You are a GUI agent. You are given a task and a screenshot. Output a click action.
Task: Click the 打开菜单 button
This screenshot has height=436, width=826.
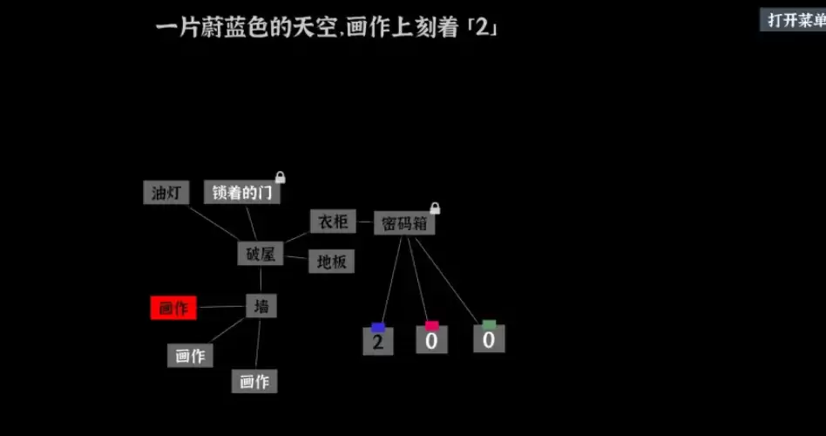tap(793, 19)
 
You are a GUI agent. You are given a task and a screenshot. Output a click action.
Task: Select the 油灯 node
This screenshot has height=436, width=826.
tap(166, 193)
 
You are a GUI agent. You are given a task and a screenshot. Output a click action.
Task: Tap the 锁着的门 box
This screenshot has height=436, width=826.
tap(242, 193)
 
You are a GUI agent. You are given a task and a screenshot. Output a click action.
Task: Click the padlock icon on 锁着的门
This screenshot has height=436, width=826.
tap(281, 177)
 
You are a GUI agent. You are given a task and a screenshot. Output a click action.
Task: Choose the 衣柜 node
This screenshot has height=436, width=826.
tap(333, 221)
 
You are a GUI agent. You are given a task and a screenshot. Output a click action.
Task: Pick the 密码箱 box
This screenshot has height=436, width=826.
tap(404, 223)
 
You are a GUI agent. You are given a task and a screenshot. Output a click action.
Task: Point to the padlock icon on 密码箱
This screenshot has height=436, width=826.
tap(435, 208)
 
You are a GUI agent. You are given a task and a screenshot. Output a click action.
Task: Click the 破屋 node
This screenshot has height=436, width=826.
tap(261, 254)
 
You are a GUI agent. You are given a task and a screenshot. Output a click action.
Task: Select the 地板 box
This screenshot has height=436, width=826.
tap(331, 261)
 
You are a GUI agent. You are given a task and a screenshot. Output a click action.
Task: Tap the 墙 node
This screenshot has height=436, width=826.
tap(261, 306)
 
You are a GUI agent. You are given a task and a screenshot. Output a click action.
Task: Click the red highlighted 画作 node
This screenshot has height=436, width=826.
tap(173, 308)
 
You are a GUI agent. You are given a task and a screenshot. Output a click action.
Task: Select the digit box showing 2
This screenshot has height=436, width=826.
tap(377, 341)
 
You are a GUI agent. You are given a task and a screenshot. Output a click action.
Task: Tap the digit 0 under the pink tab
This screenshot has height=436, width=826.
tap(432, 340)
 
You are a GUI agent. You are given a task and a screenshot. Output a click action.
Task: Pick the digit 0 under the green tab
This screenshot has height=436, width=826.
tap(489, 338)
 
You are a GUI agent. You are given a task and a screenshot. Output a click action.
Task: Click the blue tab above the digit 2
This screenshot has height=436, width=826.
tap(378, 327)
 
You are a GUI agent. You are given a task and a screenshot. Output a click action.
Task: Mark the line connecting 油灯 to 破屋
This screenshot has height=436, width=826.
tap(213, 223)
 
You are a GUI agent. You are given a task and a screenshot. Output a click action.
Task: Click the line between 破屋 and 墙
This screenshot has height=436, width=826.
tap(261, 280)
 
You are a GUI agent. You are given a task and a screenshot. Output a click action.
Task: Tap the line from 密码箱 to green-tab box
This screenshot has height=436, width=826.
tap(447, 281)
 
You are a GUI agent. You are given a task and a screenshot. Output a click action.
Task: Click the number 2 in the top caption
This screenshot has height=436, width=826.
tap(483, 27)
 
